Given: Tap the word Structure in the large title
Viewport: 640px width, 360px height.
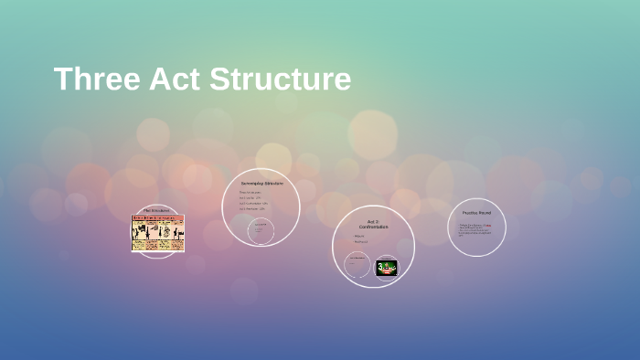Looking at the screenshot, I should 281,79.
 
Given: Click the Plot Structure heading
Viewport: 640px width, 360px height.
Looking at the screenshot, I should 157,210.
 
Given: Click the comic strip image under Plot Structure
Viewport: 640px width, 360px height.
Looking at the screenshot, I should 157,233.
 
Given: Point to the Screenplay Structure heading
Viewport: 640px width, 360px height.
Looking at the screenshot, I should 261,184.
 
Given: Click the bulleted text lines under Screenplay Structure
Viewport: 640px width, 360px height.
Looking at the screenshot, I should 251,200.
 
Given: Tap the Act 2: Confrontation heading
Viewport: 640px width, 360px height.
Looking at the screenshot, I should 373,224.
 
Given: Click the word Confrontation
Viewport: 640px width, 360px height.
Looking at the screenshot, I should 373,227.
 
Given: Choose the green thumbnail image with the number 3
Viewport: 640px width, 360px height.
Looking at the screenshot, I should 387,268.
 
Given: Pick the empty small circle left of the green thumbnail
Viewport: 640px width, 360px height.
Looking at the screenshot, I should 357,265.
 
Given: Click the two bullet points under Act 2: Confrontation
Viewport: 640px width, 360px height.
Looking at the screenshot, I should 360,239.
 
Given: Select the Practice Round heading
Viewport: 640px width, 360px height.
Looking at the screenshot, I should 476,213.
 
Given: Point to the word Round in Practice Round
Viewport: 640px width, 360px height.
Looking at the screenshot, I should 485,213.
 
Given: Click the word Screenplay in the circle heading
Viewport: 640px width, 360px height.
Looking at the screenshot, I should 252,184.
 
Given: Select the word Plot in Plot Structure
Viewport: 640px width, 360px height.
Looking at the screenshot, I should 148,210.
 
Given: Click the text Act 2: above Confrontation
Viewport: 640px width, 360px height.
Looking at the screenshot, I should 373,221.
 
